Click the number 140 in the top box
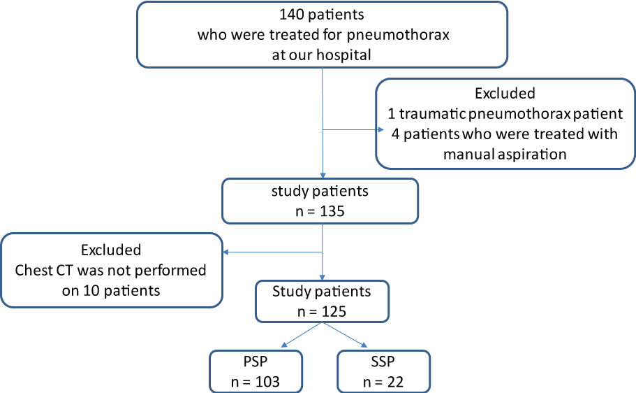[291, 15]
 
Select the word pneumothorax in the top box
[398, 36]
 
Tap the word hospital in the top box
[343, 55]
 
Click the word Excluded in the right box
[505, 94]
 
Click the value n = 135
[320, 211]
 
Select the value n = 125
[322, 312]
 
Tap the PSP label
[256, 362]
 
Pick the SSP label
[383, 362]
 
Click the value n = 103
[255, 382]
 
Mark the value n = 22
[383, 382]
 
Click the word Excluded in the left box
[111, 250]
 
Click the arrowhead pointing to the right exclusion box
[381, 130]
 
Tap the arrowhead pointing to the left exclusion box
[226, 252]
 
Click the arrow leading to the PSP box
[302, 335]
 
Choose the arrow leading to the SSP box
[344, 335]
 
